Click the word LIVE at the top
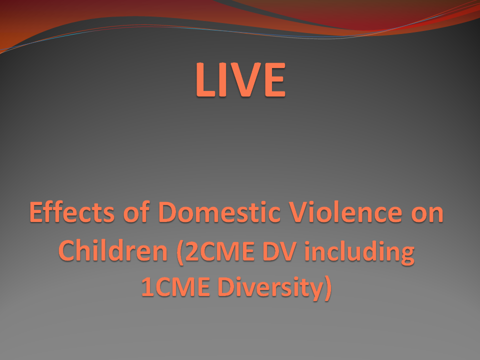pyautogui.click(x=240, y=79)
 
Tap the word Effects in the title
pyautogui.click(x=72, y=212)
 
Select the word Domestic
pyautogui.click(x=219, y=212)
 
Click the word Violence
pyautogui.click(x=345, y=212)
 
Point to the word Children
pyautogui.click(x=113, y=250)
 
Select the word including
pyautogui.click(x=359, y=252)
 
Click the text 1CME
pyautogui.click(x=175, y=287)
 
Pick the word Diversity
pyautogui.click(x=270, y=288)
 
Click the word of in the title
pyautogui.click(x=136, y=212)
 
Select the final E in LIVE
pyautogui.click(x=275, y=79)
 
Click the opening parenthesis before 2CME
pyautogui.click(x=180, y=252)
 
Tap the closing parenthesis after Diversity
pyautogui.click(x=328, y=288)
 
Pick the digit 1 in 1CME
pyautogui.click(x=147, y=287)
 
